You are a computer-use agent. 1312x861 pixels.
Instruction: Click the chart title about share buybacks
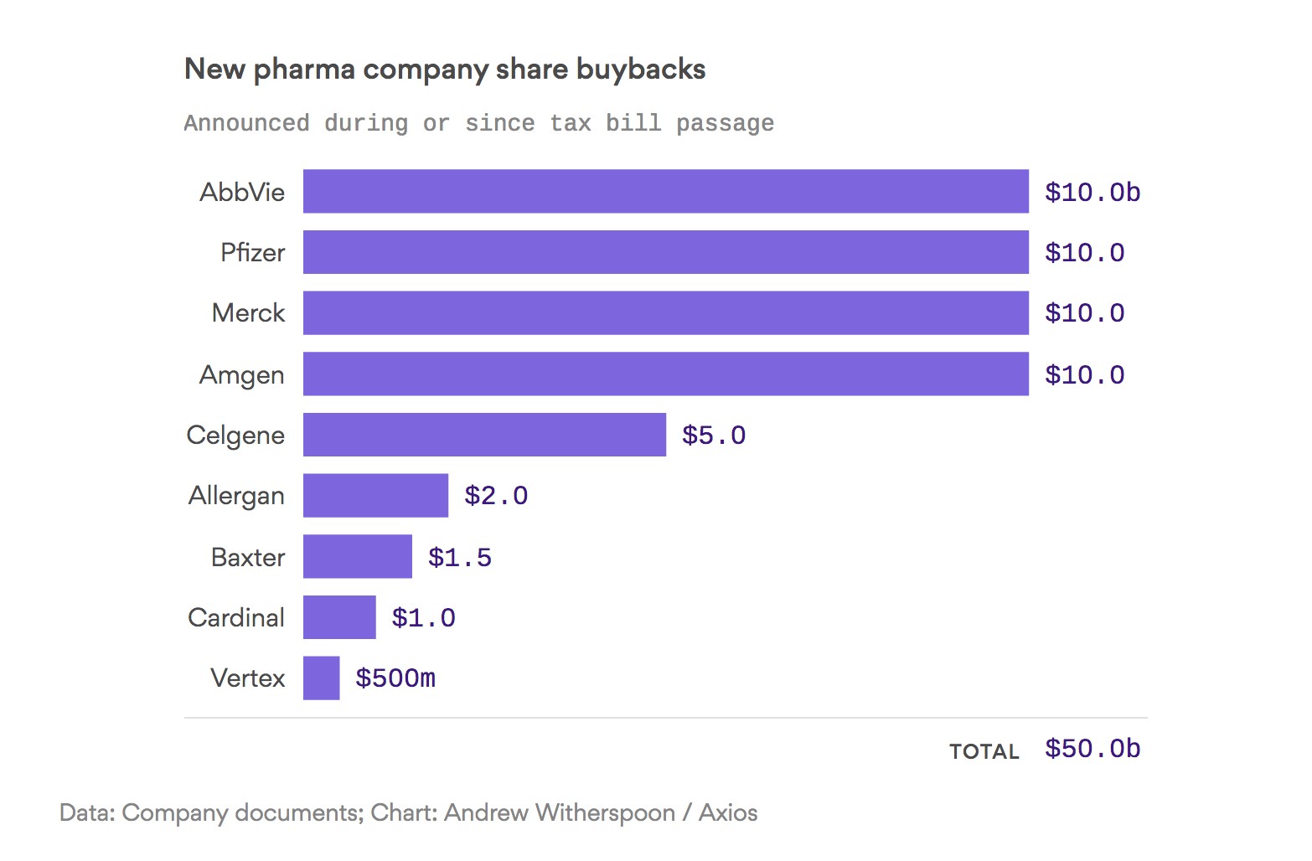click(445, 70)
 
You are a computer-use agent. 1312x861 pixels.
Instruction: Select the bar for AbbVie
click(665, 192)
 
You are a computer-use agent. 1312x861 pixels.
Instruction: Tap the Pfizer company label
click(252, 252)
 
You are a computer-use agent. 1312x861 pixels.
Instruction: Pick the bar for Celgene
click(484, 435)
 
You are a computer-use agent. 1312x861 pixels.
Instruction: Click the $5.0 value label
click(713, 436)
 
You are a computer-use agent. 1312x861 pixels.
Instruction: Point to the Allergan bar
click(375, 496)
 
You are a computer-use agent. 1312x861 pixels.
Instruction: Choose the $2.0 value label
click(496, 496)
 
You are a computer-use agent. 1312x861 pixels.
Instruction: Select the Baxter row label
click(248, 557)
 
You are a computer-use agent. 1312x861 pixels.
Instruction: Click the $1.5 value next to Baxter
click(459, 557)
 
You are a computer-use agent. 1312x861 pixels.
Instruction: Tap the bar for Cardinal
click(339, 617)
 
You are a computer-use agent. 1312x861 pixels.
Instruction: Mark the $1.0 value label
click(423, 618)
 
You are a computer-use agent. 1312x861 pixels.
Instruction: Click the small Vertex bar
click(321, 678)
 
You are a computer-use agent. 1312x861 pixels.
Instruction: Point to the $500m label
click(395, 678)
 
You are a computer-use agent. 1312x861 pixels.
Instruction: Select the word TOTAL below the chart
click(984, 751)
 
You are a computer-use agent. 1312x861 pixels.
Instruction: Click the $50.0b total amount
click(1092, 749)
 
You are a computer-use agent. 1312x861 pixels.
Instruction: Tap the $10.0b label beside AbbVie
click(1092, 193)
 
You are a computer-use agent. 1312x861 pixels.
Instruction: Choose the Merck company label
click(248, 313)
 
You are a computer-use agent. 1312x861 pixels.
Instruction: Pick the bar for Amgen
click(665, 374)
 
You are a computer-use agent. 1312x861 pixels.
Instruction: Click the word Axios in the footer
click(728, 812)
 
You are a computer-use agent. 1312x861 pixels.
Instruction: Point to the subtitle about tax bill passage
click(478, 123)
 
